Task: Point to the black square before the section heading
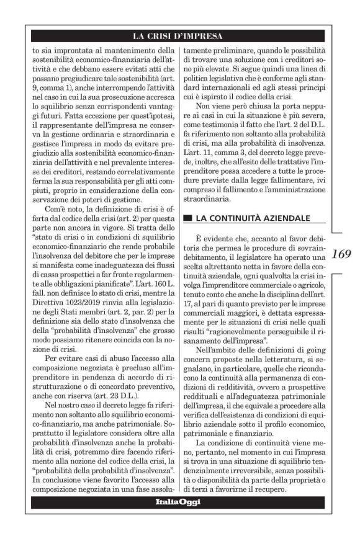coord(187,218)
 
